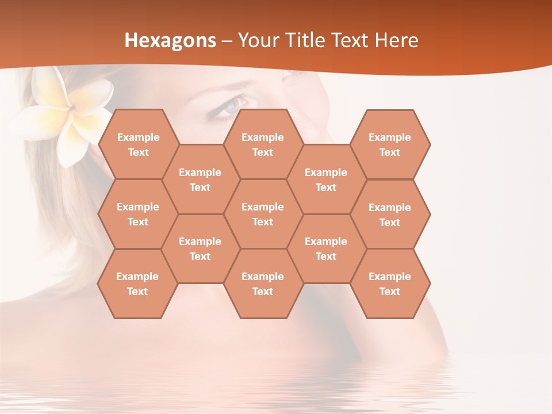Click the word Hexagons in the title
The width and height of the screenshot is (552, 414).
(170, 40)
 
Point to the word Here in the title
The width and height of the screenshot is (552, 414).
(396, 40)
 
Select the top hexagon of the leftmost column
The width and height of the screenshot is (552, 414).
(138, 144)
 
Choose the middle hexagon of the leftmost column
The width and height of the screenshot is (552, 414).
(138, 214)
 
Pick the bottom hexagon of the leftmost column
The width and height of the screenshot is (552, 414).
(137, 283)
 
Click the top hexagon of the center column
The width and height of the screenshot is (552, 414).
(263, 144)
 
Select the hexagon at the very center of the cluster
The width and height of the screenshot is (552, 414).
(263, 214)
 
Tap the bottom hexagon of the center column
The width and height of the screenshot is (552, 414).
(263, 283)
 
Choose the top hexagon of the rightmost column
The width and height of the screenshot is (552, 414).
(390, 144)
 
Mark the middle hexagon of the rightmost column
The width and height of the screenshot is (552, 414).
(390, 214)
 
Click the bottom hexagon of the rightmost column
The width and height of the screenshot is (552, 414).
(390, 283)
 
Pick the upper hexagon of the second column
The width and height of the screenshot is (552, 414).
(200, 179)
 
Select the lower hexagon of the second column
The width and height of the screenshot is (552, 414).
(200, 248)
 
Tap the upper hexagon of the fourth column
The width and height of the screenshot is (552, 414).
(326, 179)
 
